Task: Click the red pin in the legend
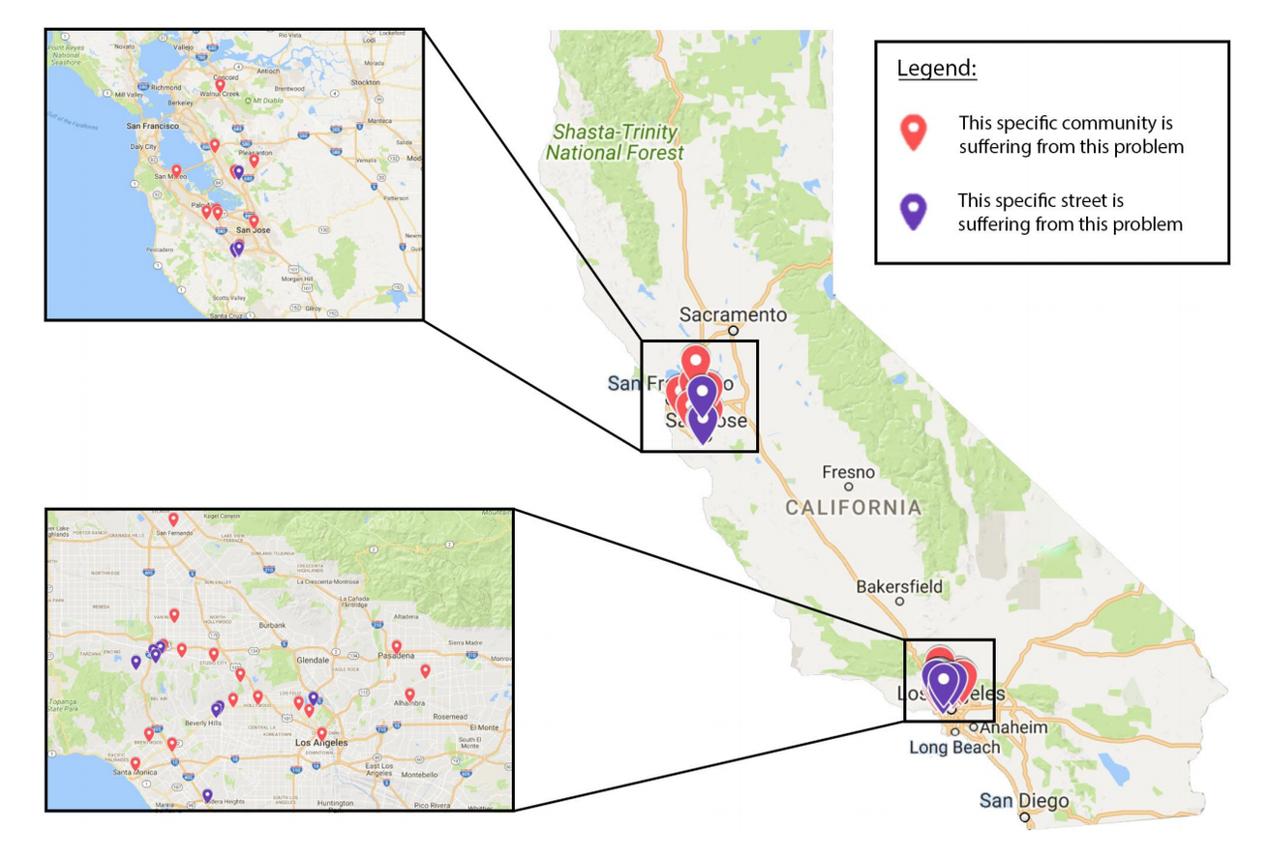913,133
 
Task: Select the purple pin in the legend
913,211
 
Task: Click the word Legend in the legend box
936,70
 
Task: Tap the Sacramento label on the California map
733,315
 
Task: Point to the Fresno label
848,472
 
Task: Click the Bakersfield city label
898,586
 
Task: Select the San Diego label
1023,801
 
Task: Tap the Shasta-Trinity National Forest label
614,142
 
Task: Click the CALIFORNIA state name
853,507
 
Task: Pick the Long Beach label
954,747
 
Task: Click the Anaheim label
1013,727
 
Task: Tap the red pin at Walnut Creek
221,85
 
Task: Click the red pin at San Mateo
176,170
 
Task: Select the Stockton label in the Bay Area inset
366,82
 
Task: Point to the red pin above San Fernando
174,518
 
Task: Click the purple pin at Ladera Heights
207,795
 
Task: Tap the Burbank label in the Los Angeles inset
273,625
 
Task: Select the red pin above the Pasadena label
396,645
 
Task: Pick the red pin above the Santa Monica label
136,762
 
